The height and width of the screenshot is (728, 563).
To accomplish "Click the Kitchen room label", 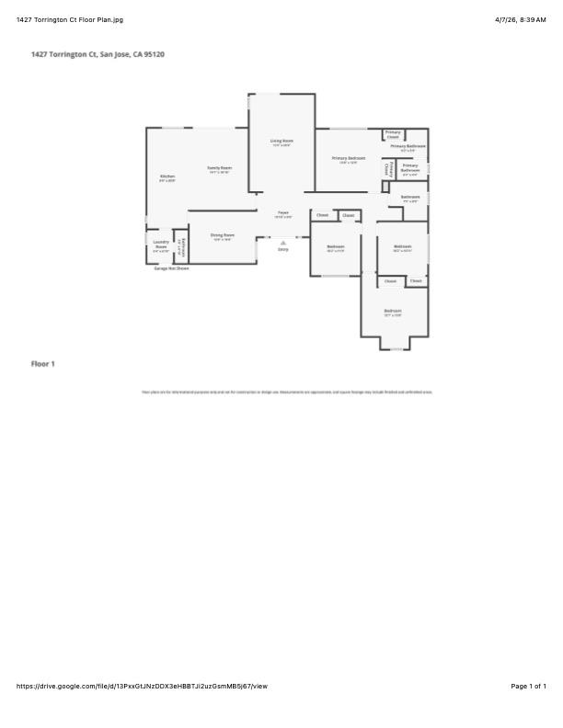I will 167,177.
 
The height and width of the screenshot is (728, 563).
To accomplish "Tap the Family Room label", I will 219,169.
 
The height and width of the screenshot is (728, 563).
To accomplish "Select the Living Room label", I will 281,142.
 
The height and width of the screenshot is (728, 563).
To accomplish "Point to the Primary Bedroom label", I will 349,159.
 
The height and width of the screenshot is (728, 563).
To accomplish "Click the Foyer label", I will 283,214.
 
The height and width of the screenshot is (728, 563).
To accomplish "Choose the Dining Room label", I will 222,236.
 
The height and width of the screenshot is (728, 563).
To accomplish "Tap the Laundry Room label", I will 161,246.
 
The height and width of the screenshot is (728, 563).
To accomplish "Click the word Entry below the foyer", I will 283,249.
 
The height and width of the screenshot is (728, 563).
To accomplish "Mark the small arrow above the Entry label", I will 283,242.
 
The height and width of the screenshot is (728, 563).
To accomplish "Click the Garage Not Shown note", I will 171,268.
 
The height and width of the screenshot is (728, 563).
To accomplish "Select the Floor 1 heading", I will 43,364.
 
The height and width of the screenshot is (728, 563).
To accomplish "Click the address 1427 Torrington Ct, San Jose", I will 98,55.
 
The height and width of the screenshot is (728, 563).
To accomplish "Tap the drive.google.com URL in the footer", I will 142,686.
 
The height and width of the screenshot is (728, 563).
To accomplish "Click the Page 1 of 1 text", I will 528,686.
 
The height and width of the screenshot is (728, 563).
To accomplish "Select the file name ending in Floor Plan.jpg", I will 69,19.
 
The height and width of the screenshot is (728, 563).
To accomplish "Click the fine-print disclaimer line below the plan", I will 286,392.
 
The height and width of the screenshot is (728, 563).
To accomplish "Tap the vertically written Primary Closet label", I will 388,170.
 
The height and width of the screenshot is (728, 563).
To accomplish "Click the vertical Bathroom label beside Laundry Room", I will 182,247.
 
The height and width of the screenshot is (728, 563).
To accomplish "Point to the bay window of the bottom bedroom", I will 394,346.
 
